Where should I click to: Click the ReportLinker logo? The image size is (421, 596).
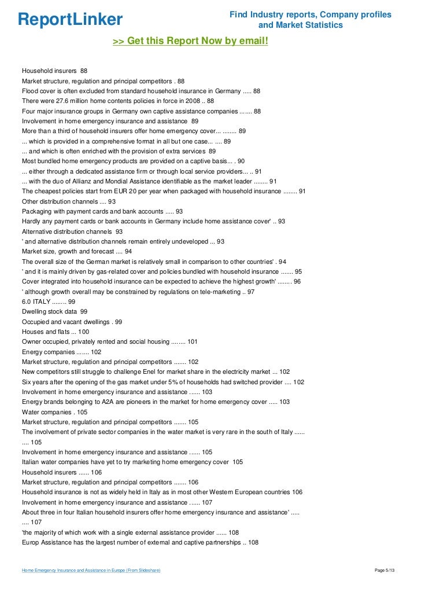(71, 19)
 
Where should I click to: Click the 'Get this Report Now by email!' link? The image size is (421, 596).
(190, 42)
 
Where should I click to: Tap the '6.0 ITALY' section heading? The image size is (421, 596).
(36, 301)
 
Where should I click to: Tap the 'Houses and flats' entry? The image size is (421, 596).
(46, 332)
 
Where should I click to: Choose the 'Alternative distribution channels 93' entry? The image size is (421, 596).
(68, 231)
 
